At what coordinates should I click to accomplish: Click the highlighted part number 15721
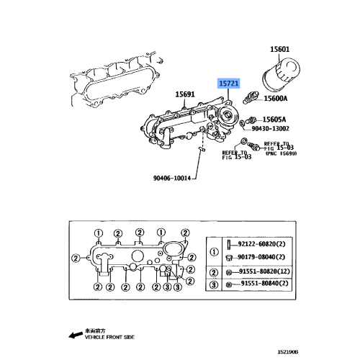pos(229,84)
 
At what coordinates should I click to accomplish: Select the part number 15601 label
pos(280,49)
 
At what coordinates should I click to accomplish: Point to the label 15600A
pos(275,99)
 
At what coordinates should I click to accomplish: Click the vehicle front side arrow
pos(71,335)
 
